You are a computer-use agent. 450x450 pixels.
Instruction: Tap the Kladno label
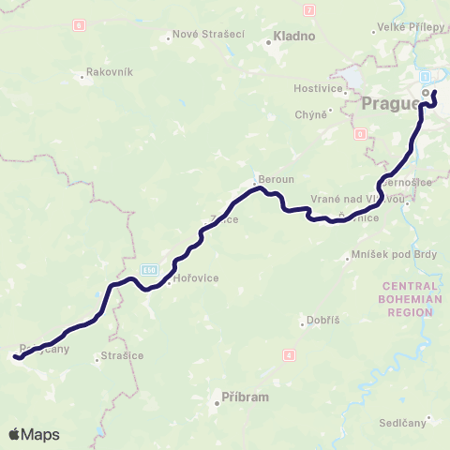point(293,37)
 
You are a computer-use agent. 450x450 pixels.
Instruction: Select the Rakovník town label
point(110,71)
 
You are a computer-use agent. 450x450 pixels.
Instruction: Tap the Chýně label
point(314,113)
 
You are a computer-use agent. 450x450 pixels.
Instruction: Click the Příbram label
point(245,397)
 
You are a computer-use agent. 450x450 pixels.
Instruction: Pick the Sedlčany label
point(403,424)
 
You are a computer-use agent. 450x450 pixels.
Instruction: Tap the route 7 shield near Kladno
point(308,9)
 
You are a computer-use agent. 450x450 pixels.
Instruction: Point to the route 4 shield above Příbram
point(289,354)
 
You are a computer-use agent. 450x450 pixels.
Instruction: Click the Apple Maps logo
point(34,434)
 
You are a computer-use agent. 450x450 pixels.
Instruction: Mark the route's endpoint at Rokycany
point(16,355)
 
